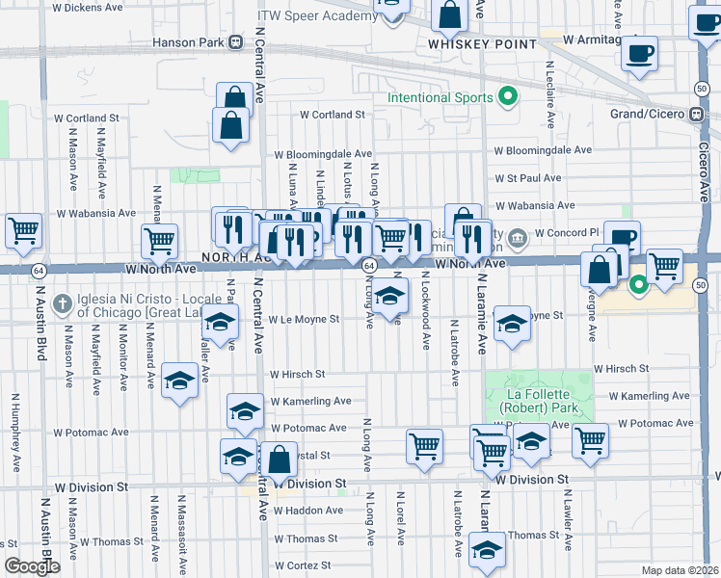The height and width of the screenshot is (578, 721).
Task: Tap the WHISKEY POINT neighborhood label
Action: point(467,44)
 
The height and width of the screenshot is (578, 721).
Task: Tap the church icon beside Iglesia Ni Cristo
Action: point(62,303)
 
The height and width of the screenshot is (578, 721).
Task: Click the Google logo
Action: point(32,566)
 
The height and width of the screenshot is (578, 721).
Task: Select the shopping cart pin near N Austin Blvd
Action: point(23,231)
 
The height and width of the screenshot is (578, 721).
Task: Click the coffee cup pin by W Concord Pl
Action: point(622,238)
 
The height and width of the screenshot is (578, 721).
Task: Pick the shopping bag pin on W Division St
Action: point(279,460)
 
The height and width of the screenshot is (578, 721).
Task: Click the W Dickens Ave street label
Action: point(89,7)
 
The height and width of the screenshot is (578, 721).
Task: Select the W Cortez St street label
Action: point(303,565)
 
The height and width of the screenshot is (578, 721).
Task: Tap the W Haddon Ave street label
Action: point(307,511)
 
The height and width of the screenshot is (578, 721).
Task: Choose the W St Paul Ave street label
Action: point(527,178)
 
